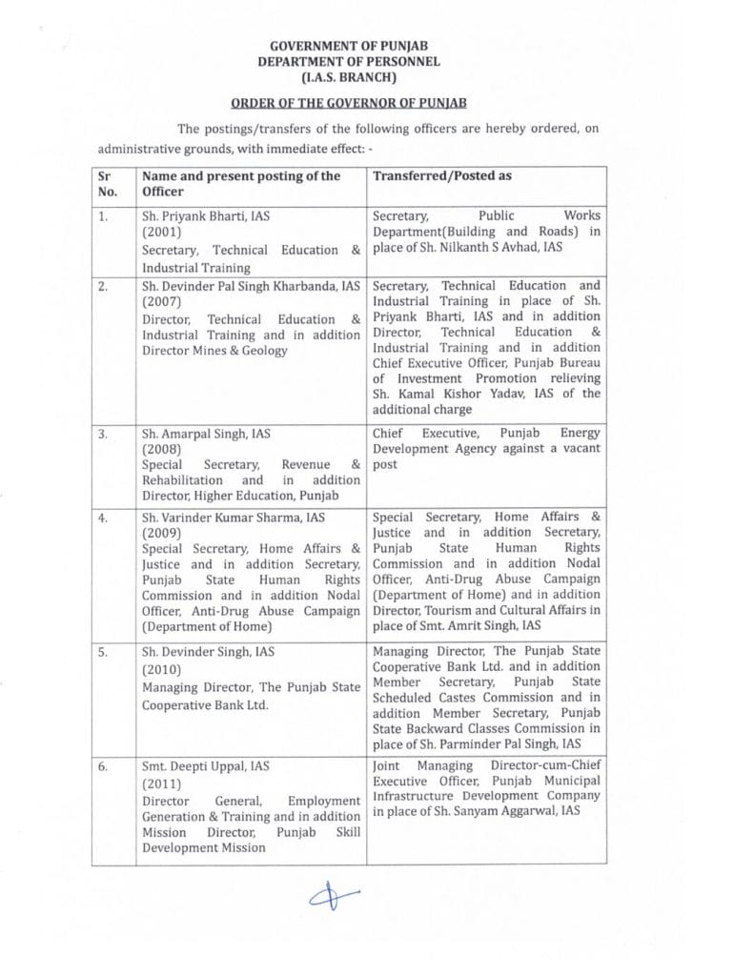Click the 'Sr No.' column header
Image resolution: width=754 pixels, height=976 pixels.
(x=108, y=183)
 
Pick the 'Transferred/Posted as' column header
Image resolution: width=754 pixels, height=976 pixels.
(x=441, y=175)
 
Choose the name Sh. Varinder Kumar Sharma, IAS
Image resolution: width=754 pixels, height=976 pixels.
(x=238, y=518)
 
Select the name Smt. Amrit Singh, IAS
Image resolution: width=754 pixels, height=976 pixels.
(x=506, y=625)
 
